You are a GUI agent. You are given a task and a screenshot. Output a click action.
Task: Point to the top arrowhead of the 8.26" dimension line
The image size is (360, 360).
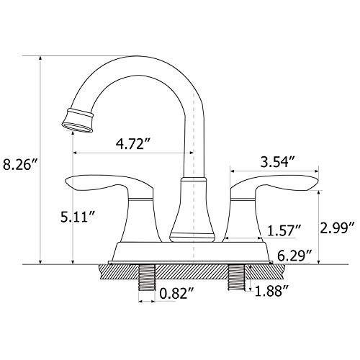40,58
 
